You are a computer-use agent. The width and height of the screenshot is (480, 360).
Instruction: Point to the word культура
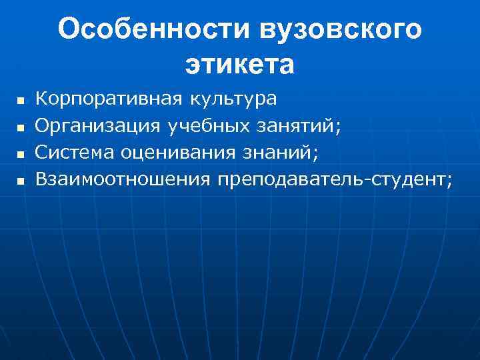(x=233, y=99)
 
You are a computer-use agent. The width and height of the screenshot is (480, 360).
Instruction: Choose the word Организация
(x=97, y=125)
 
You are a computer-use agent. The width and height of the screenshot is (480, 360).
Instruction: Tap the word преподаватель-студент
(x=331, y=178)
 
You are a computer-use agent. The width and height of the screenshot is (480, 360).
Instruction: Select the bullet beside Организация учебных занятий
(x=19, y=127)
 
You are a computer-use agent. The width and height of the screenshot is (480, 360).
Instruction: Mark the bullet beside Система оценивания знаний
(x=19, y=154)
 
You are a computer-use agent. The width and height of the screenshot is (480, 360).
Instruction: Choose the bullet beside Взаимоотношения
(x=19, y=181)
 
